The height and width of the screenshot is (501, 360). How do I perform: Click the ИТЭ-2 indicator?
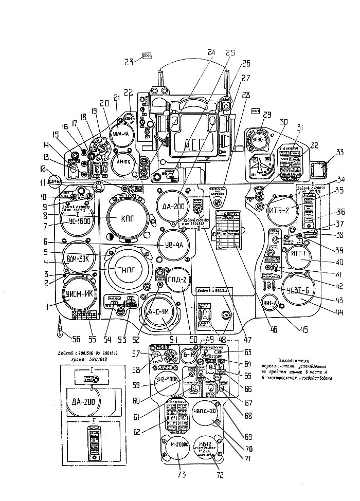pyautogui.click(x=283, y=209)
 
